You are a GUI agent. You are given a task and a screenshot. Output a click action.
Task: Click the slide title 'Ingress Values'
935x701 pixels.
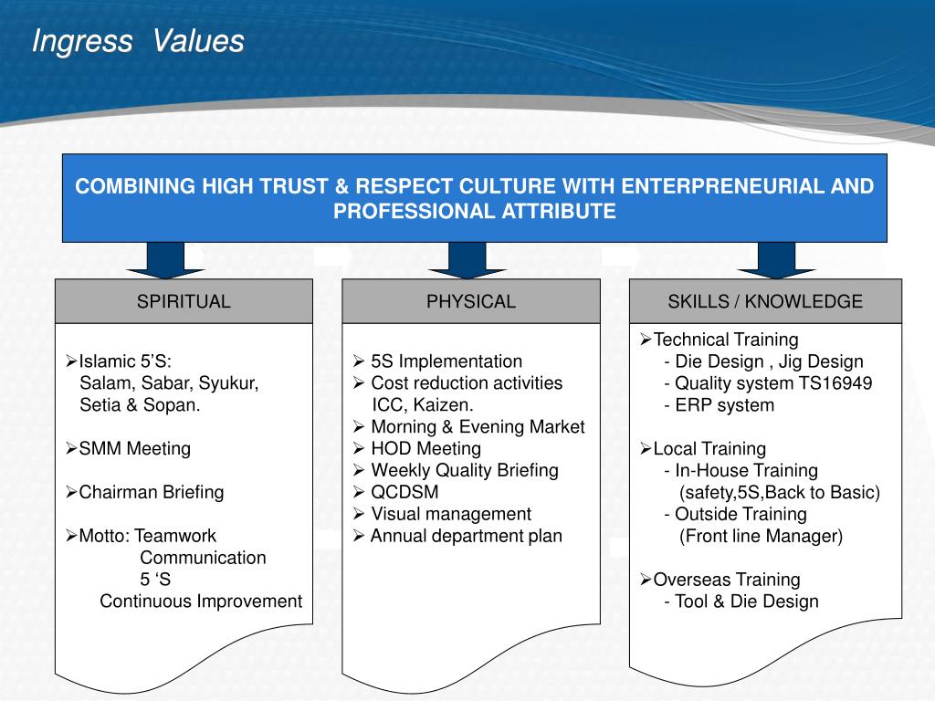pos(138,41)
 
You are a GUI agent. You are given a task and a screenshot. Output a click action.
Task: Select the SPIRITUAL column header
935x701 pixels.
pos(184,301)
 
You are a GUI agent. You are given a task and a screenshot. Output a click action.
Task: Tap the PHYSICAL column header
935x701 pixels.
pos(471,301)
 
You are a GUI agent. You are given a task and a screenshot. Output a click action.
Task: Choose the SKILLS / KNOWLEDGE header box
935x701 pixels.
pos(765,301)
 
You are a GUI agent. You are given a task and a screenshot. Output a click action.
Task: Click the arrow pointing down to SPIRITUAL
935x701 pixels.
pos(157,260)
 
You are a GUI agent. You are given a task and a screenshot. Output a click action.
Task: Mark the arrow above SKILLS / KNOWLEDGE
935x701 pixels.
pos(767,260)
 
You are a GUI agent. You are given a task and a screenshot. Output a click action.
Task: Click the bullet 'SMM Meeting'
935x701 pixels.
pos(134,448)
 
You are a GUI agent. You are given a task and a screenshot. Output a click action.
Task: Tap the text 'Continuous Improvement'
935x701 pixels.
pos(201,601)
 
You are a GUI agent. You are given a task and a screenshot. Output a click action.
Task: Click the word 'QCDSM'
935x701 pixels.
pos(404,492)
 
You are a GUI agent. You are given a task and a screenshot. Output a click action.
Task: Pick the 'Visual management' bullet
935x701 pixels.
pos(450,514)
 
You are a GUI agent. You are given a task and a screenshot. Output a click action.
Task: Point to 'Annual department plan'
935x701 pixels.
pos(466,536)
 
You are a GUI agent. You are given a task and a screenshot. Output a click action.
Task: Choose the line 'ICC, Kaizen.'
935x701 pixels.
pos(423,404)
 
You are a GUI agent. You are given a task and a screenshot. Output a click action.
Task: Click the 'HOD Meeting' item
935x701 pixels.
pos(425,448)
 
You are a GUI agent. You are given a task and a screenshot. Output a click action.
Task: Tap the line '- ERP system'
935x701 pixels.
pos(720,404)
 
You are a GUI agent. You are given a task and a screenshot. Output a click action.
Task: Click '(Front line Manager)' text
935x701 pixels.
pos(761,536)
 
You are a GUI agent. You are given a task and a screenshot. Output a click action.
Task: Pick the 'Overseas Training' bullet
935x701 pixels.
pos(727,579)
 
